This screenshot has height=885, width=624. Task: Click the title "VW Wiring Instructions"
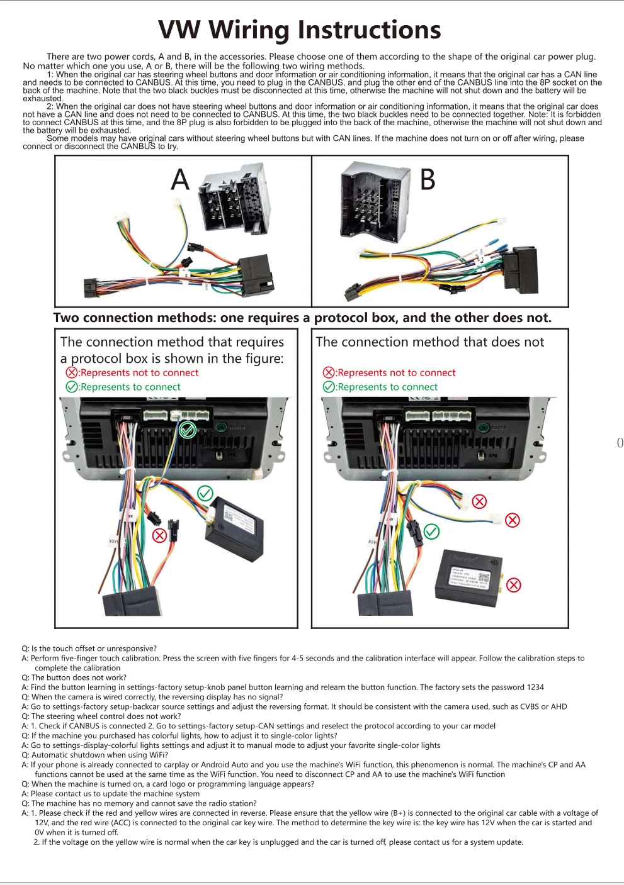(299, 30)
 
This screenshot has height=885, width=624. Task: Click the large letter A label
(180, 180)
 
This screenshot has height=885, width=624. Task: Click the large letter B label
(428, 180)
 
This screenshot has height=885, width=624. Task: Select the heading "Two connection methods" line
(302, 318)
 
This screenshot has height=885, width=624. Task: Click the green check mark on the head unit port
(188, 430)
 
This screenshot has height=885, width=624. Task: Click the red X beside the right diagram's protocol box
(514, 585)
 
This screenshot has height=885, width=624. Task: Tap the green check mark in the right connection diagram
(431, 532)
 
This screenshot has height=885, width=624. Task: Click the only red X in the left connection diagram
(160, 535)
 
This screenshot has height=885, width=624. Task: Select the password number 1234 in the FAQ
(535, 687)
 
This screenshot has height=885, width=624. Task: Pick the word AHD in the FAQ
(559, 707)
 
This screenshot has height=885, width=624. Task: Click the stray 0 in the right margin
(620, 443)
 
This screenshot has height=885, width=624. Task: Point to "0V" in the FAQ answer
(40, 832)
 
